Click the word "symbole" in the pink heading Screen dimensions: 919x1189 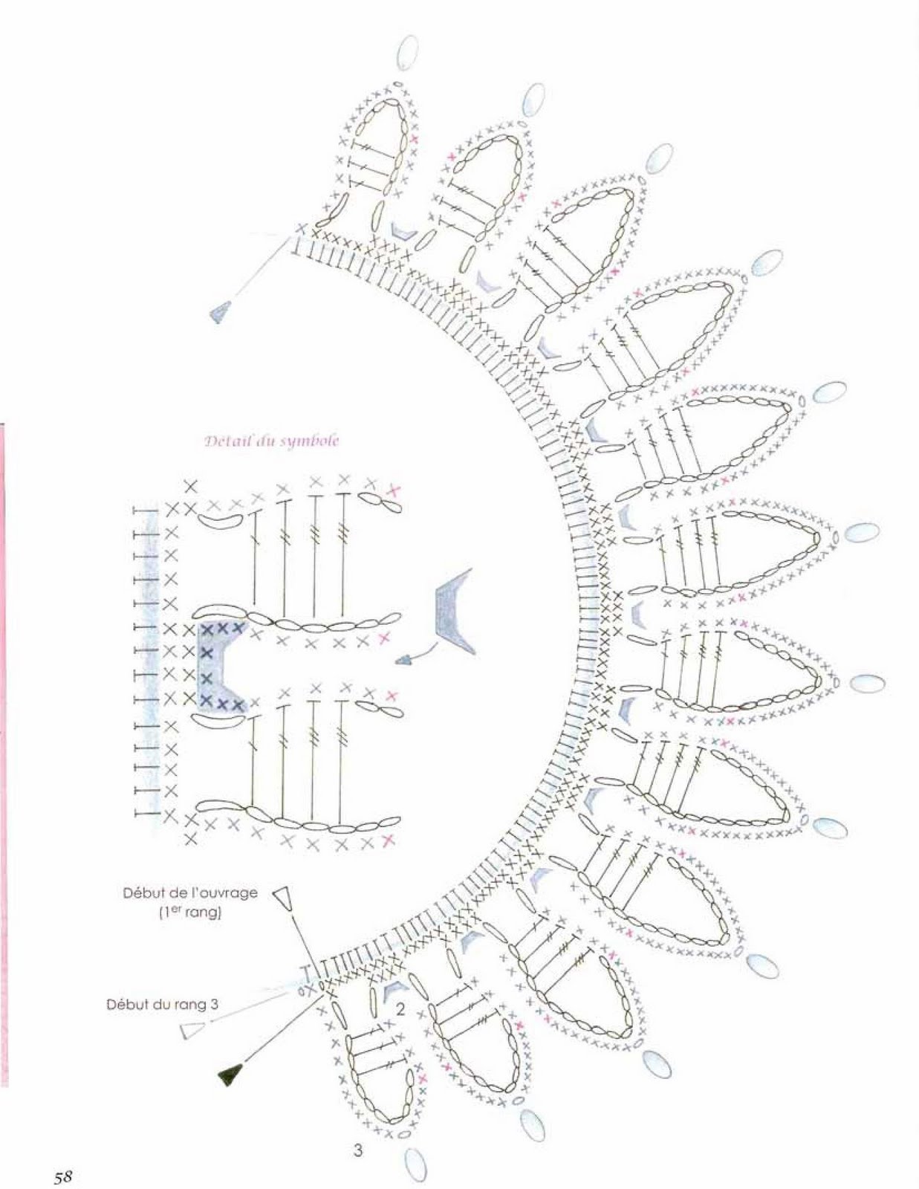pos(309,441)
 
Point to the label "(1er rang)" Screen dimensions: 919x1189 pos(189,913)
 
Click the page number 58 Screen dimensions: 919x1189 pos(63,1173)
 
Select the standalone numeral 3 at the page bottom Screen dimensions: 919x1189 pos(358,1147)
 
